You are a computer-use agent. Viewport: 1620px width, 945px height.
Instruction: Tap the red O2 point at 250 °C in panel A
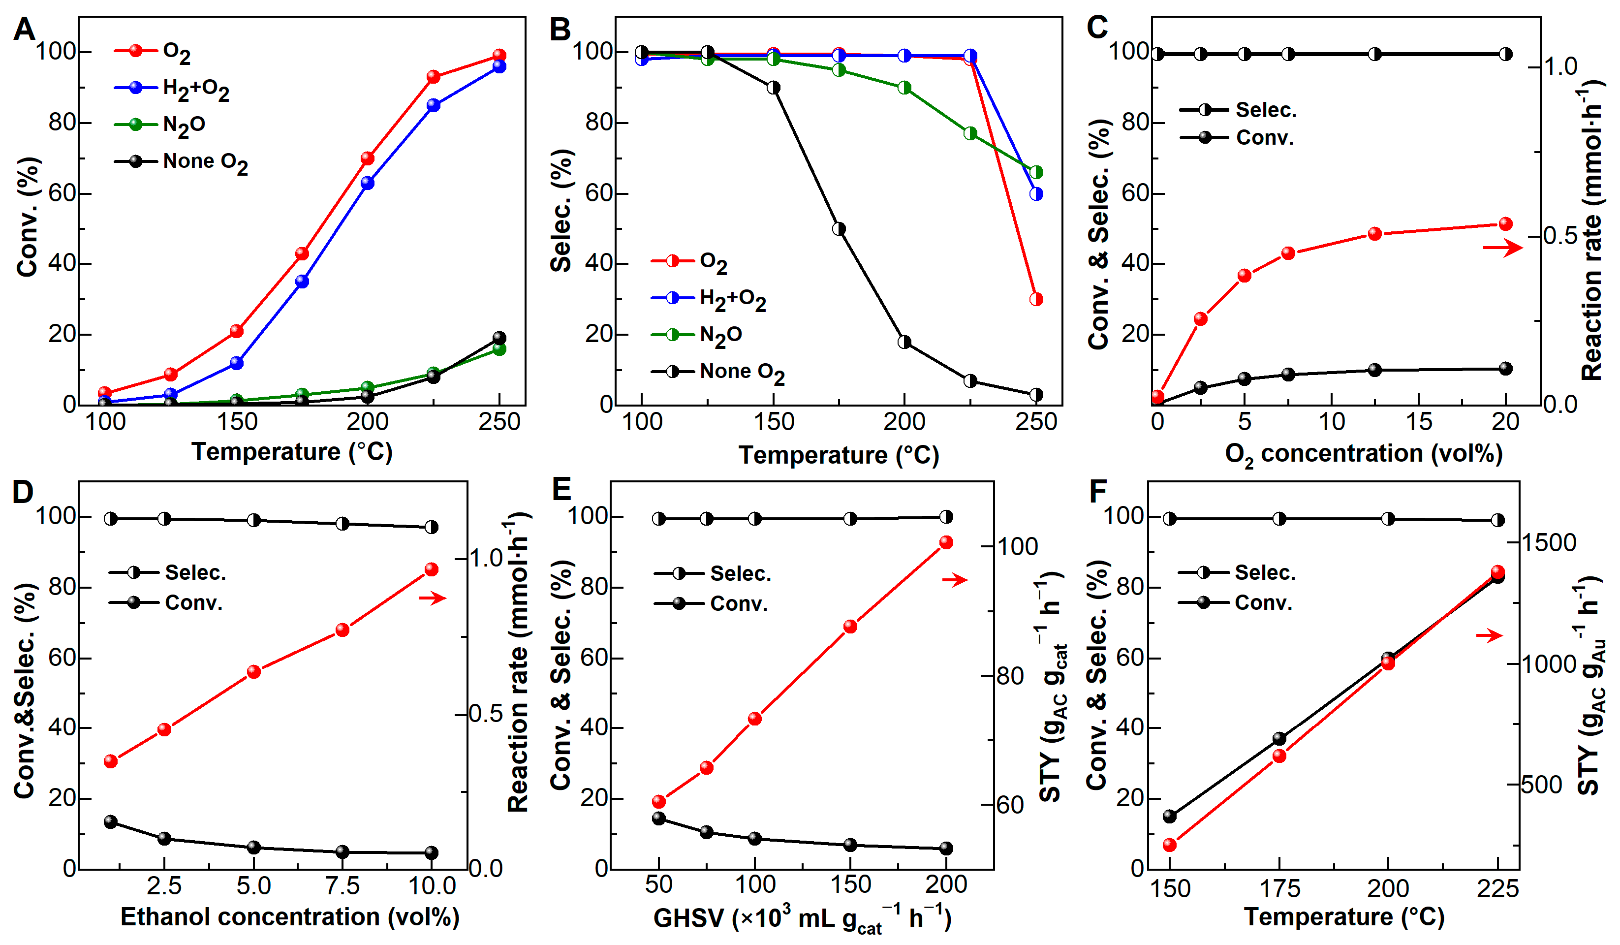click(499, 55)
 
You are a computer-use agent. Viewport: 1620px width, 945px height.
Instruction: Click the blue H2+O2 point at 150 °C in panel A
click(237, 363)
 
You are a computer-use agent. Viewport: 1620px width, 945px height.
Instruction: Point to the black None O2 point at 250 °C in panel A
click(499, 338)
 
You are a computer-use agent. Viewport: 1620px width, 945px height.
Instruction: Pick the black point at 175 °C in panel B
click(839, 229)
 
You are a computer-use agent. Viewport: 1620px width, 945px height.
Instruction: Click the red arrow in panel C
click(1503, 248)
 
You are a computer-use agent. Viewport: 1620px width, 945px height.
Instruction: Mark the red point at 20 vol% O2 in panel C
click(1505, 224)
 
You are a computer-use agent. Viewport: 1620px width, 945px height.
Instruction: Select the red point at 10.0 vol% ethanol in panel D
click(432, 569)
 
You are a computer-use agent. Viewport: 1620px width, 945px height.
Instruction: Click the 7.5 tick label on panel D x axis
click(342, 887)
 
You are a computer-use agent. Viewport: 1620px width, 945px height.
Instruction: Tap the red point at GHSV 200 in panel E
click(946, 542)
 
